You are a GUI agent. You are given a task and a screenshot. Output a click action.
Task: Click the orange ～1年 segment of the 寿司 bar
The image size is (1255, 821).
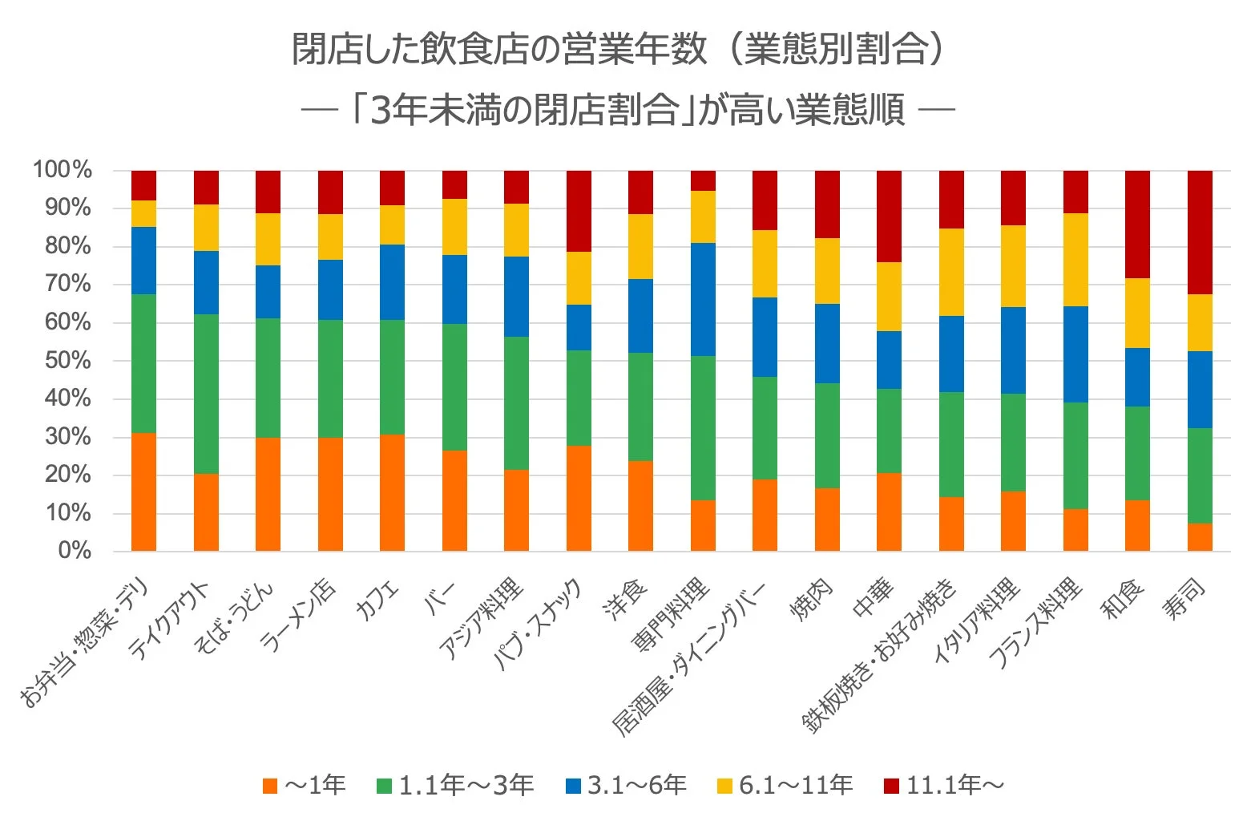(1199, 537)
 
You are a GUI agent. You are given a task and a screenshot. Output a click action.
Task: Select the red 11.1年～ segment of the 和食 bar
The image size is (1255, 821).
(1137, 224)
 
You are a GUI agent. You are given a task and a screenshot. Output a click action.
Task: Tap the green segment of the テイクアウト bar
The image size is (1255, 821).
(206, 394)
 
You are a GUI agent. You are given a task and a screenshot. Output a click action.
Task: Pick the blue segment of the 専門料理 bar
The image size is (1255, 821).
(703, 299)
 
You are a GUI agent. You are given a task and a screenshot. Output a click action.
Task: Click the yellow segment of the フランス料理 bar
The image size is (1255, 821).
(1075, 260)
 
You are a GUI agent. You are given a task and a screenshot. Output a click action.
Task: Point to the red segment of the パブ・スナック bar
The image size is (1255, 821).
(579, 211)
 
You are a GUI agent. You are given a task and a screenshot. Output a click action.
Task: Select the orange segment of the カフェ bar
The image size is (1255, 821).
(392, 492)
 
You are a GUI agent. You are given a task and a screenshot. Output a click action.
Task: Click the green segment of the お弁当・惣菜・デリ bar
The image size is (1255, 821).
(144, 363)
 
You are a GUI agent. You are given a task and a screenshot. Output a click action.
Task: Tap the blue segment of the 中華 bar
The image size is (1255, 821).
(889, 360)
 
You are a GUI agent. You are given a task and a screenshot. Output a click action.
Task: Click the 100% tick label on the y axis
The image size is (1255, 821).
(62, 170)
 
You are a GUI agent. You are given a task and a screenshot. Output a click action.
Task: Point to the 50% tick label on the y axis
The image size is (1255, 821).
(68, 361)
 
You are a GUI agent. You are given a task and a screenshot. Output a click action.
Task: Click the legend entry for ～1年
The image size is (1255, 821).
(305, 785)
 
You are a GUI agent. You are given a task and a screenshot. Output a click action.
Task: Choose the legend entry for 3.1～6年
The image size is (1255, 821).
(626, 785)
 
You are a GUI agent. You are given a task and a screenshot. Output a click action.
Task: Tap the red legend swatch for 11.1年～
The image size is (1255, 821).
(891, 786)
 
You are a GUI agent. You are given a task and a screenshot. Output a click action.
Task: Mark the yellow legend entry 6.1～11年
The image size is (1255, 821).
(785, 785)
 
